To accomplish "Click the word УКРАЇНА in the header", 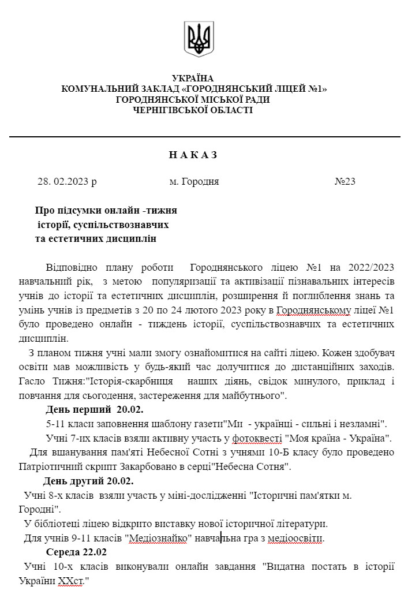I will (x=193, y=79).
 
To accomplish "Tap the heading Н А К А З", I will (x=193, y=155).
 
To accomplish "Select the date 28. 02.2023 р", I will (x=67, y=182).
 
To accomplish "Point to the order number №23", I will (x=345, y=182).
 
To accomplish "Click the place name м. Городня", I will (x=194, y=182).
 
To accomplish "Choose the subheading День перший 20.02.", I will (x=95, y=410).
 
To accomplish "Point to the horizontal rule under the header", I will (x=204, y=137).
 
